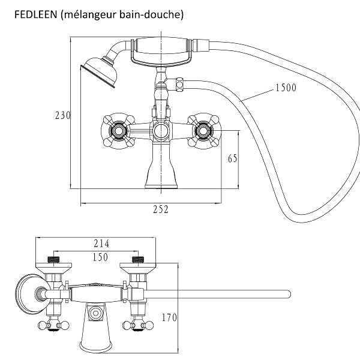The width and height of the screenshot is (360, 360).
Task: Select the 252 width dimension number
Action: click(x=160, y=209)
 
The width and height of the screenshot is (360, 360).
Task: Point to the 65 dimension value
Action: click(x=232, y=158)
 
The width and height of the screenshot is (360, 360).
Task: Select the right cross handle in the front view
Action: click(x=202, y=130)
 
